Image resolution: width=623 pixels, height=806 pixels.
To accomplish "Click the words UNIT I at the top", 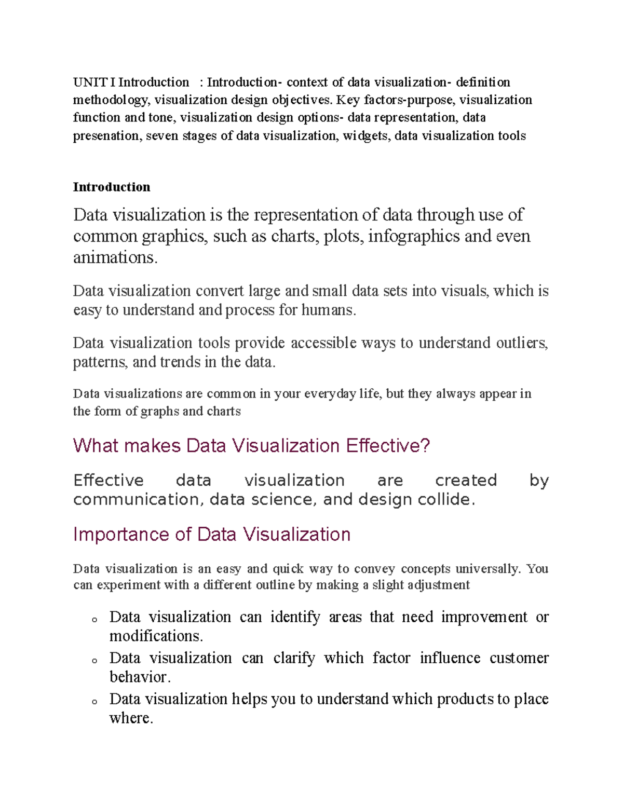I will click(x=94, y=82).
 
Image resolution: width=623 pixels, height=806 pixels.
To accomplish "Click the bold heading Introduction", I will click(x=112, y=187).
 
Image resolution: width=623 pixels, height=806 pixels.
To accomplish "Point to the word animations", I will click(x=114, y=257).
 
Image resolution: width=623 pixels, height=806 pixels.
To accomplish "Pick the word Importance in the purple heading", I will click(x=121, y=535).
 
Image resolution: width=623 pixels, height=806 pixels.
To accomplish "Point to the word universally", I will click(x=487, y=569).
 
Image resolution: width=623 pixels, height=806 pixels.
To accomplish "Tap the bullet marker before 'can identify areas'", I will click(x=94, y=619).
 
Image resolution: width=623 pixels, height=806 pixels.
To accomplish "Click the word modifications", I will click(x=156, y=636).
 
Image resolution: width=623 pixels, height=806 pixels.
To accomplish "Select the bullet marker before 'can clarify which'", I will click(x=94, y=660).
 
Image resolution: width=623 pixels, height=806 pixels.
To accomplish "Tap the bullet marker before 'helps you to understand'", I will click(x=94, y=701).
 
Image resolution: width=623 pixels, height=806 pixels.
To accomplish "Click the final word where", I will click(x=131, y=718).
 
